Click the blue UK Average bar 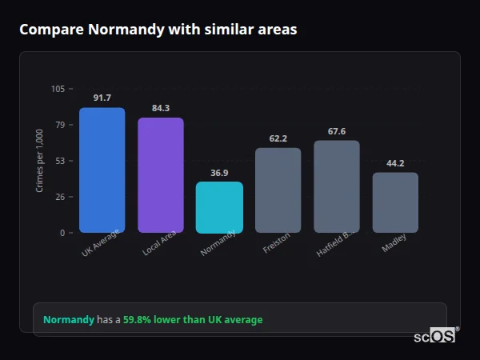[x=102, y=170]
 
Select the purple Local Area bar [x=161, y=175]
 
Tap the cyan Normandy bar [x=219, y=207]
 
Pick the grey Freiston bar [x=278, y=190]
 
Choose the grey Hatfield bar [x=337, y=186]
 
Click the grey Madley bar [x=395, y=202]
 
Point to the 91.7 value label [x=102, y=98]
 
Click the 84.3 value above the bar [x=161, y=108]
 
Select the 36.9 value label [x=219, y=172]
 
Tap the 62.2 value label [x=278, y=138]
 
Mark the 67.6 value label [x=337, y=131]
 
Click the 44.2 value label [x=395, y=163]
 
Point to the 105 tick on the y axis [x=58, y=89]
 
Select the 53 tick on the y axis [x=60, y=161]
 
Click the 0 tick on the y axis [x=62, y=233]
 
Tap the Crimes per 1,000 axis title [x=40, y=161]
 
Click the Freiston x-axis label [x=276, y=243]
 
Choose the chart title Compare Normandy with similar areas [x=158, y=30]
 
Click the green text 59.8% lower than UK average [x=192, y=320]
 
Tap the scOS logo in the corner [x=435, y=336]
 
